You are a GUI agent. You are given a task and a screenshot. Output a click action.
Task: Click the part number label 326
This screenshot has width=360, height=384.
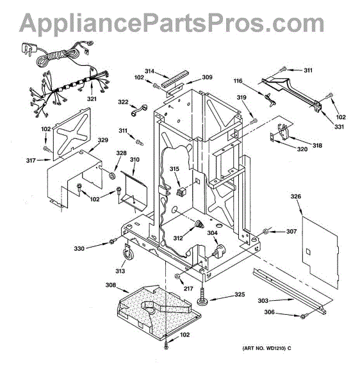point(296,196)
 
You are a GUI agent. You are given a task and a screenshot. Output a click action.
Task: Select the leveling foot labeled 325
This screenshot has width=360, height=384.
point(202,296)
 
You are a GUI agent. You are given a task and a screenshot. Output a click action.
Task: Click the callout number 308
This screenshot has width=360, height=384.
point(111,285)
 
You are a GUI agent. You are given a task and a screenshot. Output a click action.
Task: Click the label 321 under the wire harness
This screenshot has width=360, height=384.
point(92,99)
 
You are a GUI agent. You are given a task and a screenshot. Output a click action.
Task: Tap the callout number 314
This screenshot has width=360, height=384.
point(149,71)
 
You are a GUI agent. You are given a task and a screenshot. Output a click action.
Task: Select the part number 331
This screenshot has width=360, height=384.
point(339,127)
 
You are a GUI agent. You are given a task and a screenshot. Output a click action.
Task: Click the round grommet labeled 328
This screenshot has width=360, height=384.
point(113,175)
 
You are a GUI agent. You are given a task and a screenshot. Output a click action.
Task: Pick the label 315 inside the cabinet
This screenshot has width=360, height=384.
point(174,169)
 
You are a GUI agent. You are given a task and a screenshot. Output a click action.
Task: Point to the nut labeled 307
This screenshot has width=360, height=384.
point(265,231)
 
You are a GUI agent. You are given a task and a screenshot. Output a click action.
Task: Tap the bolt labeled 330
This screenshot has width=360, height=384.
point(112,242)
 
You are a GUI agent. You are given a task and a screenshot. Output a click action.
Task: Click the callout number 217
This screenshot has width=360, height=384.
point(188,289)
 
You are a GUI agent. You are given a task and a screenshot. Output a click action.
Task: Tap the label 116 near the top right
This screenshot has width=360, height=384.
point(238,81)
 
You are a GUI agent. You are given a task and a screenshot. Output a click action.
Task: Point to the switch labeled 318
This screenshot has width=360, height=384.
point(284,132)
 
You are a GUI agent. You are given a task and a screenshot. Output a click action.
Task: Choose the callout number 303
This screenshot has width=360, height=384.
point(263,301)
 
